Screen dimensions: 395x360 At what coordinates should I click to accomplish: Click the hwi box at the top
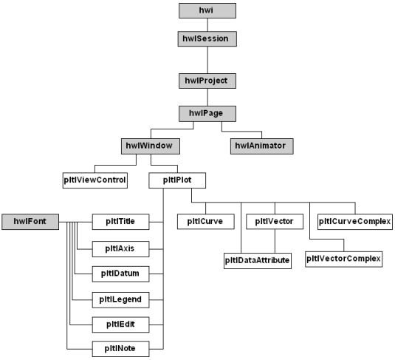pos(207,10)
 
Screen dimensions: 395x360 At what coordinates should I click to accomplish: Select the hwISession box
pos(207,39)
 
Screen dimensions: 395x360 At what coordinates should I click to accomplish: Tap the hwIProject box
pos(207,81)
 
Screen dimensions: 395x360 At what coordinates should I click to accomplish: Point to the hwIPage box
pos(207,114)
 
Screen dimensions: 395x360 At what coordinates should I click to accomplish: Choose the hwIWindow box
pos(151,146)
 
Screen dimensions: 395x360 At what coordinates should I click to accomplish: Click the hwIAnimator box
pos(262,146)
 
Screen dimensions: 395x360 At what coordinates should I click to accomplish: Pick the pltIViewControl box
pos(95,180)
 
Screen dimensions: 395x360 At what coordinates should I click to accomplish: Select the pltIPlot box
pos(177,180)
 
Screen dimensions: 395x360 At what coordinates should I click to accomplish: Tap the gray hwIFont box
pos(30,222)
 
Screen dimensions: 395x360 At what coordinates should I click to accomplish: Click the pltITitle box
pos(120,222)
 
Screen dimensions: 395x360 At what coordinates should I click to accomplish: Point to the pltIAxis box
pos(120,249)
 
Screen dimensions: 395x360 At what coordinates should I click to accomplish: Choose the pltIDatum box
pos(120,274)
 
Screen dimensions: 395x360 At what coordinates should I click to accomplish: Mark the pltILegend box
pos(120,300)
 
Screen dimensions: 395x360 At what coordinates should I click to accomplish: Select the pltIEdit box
pos(120,325)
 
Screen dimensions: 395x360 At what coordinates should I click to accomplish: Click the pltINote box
pos(120,349)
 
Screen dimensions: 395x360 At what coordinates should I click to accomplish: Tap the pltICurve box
pos(206,222)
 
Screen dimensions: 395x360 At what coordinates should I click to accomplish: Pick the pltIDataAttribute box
pos(258,261)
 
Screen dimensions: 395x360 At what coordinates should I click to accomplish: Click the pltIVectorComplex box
pos(344,259)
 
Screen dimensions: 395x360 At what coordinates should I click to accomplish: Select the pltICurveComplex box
pos(355,222)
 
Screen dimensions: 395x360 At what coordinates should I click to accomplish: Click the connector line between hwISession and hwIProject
pos(207,60)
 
